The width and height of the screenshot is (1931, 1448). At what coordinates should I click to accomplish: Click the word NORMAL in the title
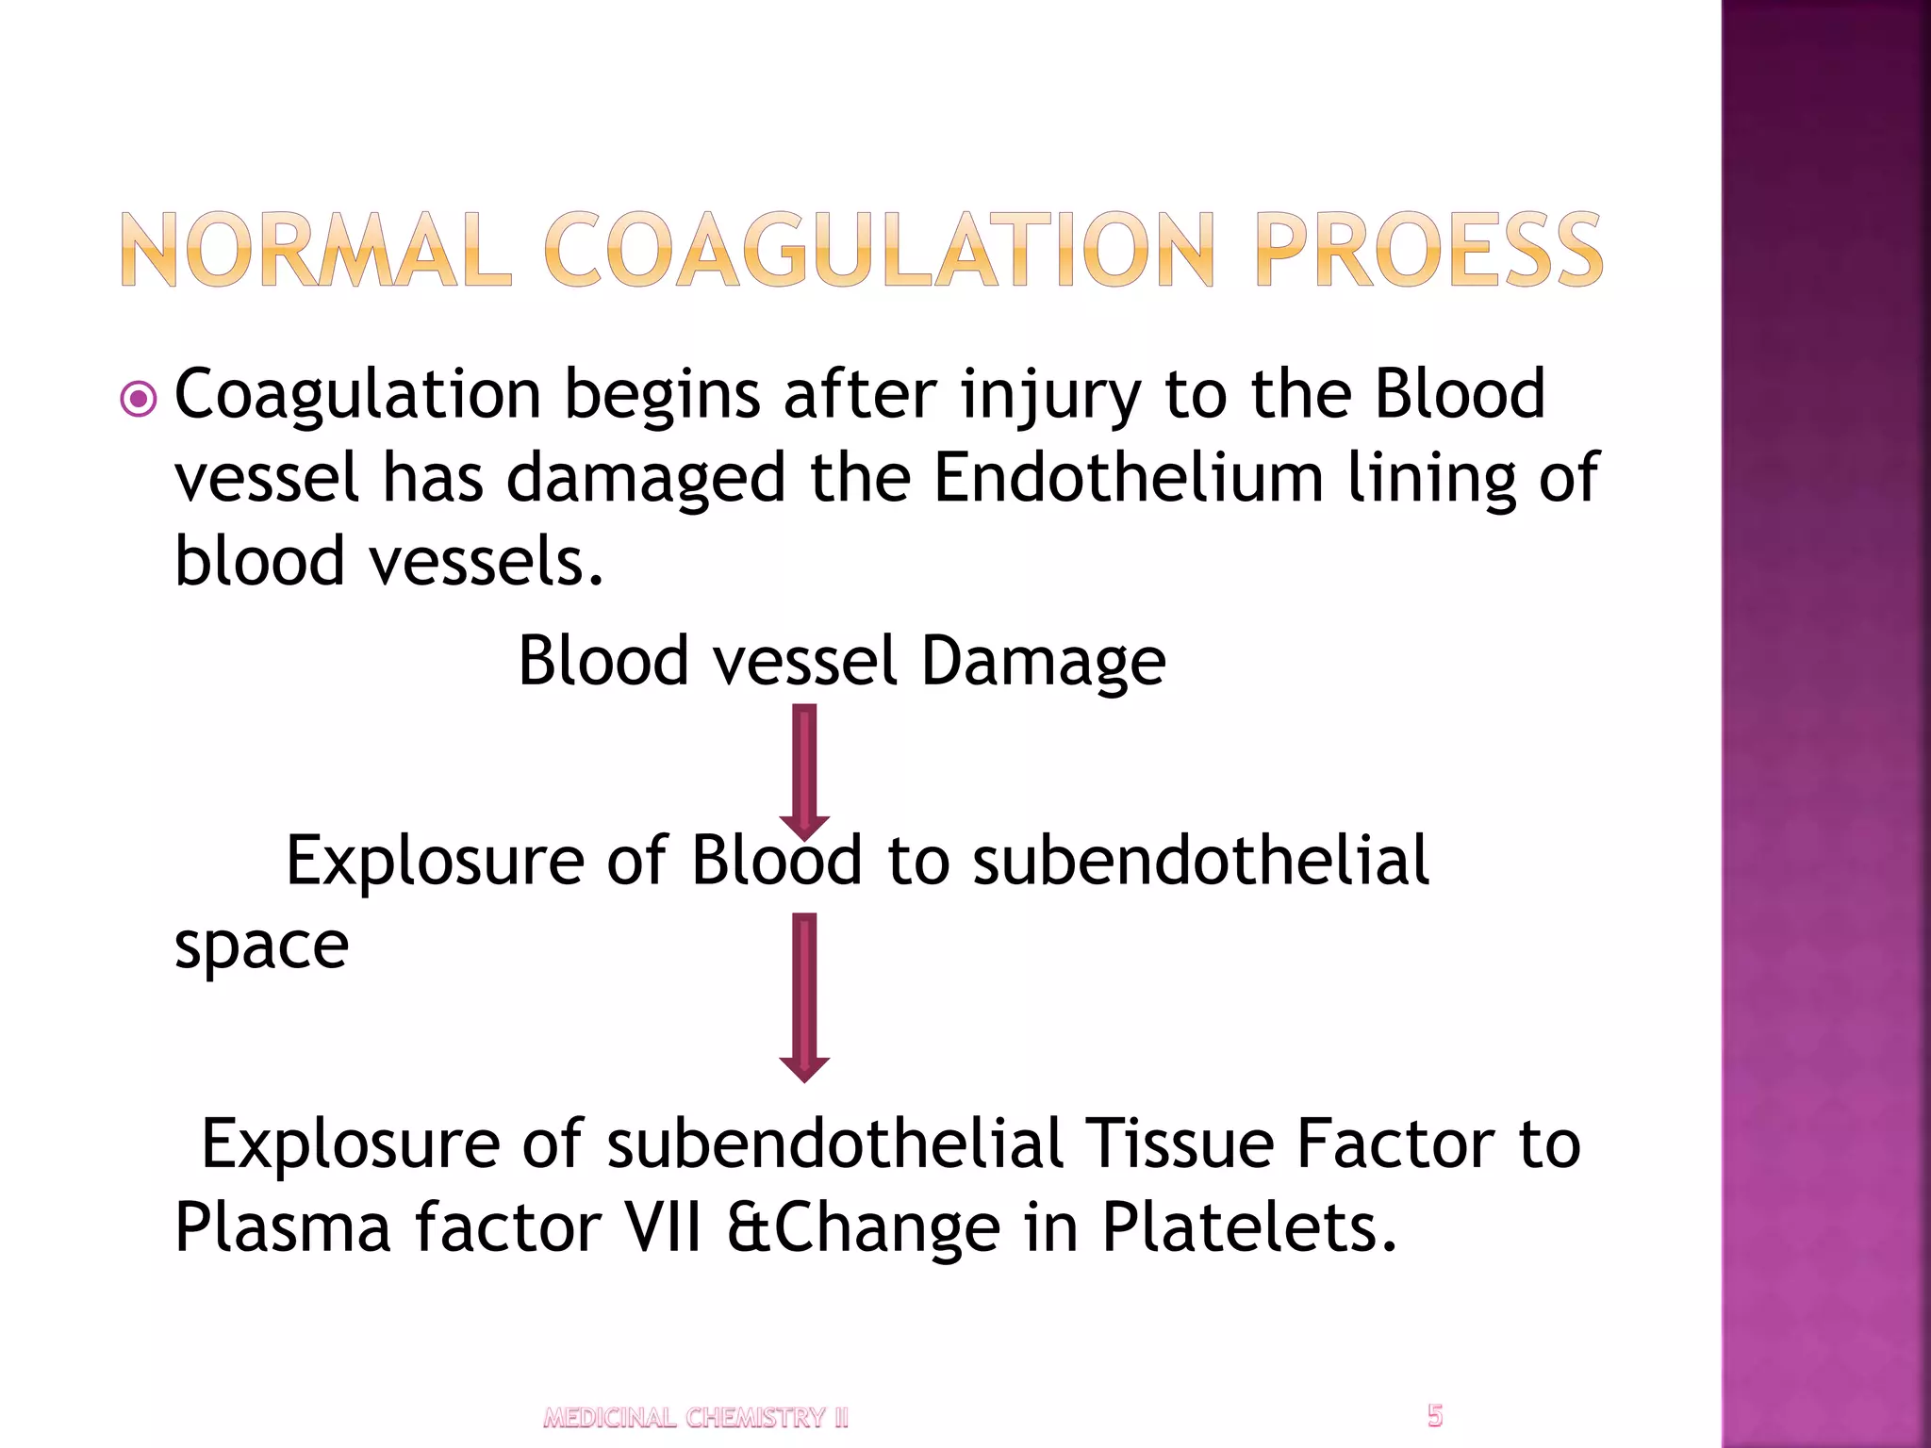(316, 250)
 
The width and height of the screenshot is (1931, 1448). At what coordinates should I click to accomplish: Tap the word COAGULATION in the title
(880, 250)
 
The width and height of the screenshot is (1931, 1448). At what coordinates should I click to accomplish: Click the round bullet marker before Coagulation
(140, 400)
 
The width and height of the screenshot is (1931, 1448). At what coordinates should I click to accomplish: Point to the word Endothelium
(1129, 478)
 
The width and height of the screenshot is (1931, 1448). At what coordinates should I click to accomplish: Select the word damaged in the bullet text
(646, 478)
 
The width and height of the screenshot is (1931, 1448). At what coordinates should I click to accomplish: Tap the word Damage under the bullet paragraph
(1043, 662)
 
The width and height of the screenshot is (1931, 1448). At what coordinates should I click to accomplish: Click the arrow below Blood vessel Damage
(804, 771)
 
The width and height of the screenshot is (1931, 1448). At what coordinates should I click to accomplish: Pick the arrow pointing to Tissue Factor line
(804, 997)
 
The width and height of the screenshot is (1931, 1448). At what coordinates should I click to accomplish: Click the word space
(261, 947)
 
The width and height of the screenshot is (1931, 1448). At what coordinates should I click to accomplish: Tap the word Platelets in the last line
(1248, 1227)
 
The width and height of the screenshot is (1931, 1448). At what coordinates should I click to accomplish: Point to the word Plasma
(282, 1227)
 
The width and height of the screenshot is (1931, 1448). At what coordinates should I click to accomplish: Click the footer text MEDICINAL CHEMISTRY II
(696, 1418)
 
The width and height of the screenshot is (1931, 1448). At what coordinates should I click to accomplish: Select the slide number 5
(1434, 1415)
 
